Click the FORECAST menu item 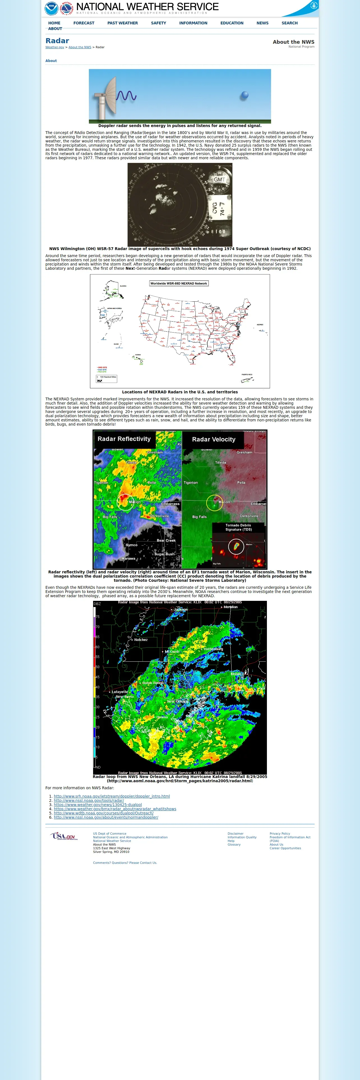84,23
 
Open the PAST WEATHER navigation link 122,23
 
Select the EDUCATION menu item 232,23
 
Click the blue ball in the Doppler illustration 244,95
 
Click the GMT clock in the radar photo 220,179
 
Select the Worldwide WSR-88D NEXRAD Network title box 179,283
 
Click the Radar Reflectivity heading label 124,439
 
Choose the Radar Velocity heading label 214,439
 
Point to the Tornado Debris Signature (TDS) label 239,527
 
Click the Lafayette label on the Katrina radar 120,692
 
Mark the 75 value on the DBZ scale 97,617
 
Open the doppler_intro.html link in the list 112,796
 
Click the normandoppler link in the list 106,817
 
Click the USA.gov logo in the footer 64,836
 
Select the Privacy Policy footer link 280,834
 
